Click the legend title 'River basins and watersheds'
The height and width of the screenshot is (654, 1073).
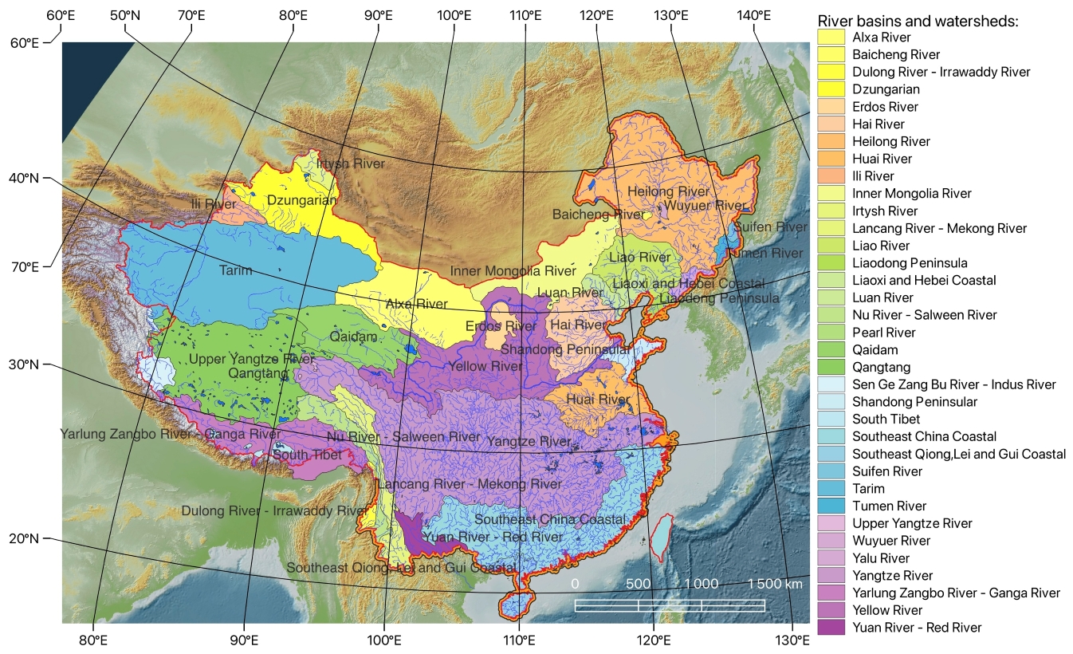tap(918, 21)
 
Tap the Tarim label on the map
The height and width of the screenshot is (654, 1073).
tap(235, 270)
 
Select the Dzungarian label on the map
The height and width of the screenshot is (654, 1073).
tap(301, 200)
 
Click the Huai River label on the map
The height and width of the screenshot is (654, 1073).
tap(598, 399)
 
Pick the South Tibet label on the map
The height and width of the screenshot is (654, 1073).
tap(307, 455)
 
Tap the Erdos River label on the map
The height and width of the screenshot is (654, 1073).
tap(501, 326)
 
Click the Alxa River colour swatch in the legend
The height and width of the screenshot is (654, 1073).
tap(831, 37)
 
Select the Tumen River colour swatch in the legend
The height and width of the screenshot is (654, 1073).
tap(831, 506)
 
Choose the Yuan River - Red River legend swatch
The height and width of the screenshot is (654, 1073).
tap(831, 628)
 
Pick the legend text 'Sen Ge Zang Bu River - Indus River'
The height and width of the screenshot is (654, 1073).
tap(953, 384)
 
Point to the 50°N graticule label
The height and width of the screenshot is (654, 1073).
tap(125, 15)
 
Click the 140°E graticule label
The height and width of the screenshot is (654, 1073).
tap(753, 15)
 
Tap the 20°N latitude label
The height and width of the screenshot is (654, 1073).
tap(24, 539)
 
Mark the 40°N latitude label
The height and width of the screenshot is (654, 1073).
tap(24, 179)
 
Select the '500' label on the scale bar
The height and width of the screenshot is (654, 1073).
tap(638, 584)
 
